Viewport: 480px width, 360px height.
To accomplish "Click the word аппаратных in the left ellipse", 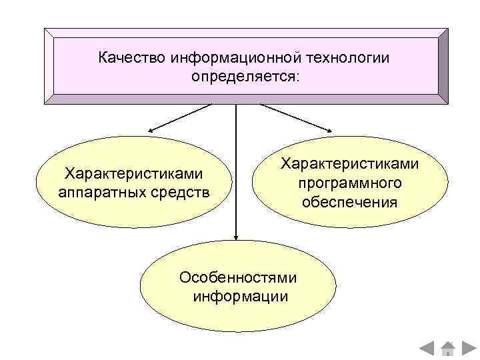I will (98, 193).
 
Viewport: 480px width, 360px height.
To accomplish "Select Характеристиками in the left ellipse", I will (133, 174).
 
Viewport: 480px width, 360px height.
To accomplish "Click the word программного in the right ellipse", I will (349, 182).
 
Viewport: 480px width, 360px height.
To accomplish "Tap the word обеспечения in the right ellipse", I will (349, 201).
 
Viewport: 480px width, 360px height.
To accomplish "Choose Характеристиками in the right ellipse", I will (349, 164).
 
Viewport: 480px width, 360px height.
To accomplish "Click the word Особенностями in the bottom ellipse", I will (238, 278).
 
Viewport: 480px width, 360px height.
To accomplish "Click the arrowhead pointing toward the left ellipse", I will (152, 130).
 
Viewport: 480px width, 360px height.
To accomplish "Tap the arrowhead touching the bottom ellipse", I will (236, 235).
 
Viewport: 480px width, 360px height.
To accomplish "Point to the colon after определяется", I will (299, 78).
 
